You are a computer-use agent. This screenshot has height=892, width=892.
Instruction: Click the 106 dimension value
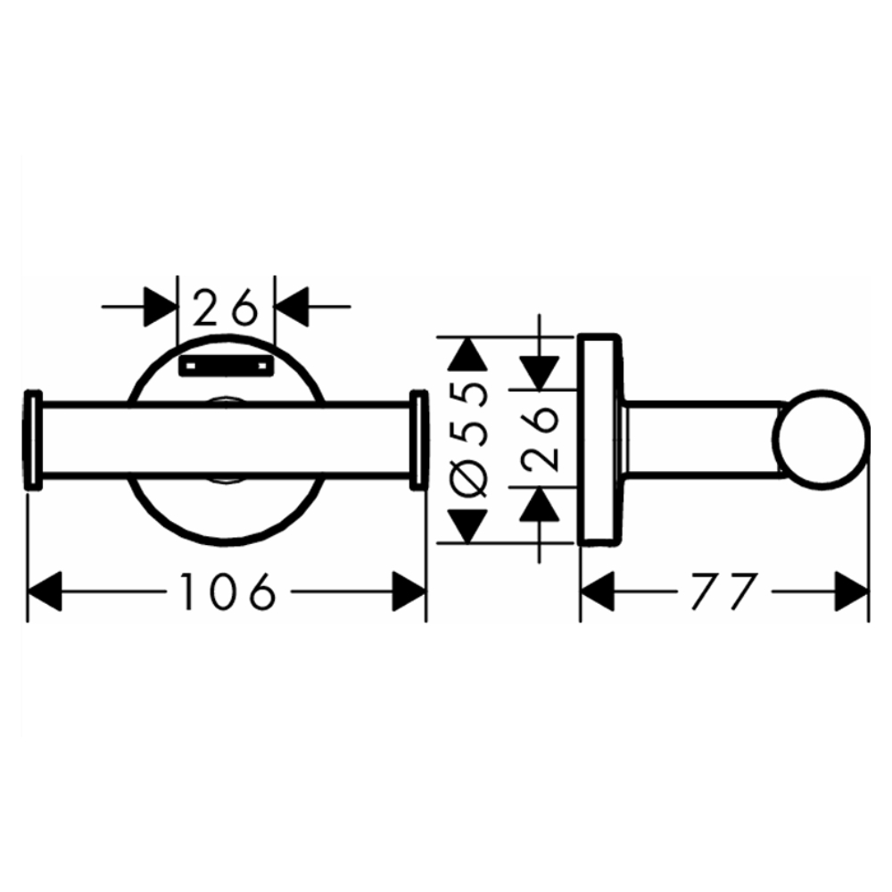[x=227, y=591]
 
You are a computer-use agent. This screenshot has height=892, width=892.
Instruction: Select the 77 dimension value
[x=724, y=591]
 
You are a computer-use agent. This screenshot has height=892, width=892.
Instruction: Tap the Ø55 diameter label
[x=469, y=440]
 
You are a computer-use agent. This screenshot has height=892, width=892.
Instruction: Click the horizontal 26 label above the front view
[x=226, y=307]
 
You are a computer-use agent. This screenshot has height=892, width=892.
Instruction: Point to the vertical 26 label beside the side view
[x=540, y=439]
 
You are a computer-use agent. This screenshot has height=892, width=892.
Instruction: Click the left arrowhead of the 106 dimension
[x=45, y=591]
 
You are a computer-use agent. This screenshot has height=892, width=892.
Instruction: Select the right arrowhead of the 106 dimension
[x=409, y=591]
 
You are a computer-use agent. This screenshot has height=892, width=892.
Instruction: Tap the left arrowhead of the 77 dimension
[x=598, y=591]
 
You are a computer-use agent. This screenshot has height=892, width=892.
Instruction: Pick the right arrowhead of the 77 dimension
[x=852, y=591]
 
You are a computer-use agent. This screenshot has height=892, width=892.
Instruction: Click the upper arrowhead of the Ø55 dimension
[x=467, y=354]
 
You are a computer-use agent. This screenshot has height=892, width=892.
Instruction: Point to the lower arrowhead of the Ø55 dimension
[x=467, y=526]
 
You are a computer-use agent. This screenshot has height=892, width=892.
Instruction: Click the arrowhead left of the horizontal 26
[x=161, y=307]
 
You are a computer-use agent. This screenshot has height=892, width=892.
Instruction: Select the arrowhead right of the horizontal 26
[x=292, y=307]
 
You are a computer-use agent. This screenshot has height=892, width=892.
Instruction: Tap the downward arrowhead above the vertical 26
[x=540, y=373]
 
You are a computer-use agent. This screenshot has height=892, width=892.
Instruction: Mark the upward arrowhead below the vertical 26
[x=540, y=504]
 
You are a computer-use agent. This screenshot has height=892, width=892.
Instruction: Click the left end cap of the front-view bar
[x=34, y=439]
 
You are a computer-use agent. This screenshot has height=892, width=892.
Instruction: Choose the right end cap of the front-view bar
[x=418, y=439]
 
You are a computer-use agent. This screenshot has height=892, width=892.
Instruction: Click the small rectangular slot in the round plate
[x=227, y=367]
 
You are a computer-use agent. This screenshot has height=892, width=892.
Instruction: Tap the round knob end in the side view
[x=821, y=440]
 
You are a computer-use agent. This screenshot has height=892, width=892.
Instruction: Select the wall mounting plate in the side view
[x=599, y=440]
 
